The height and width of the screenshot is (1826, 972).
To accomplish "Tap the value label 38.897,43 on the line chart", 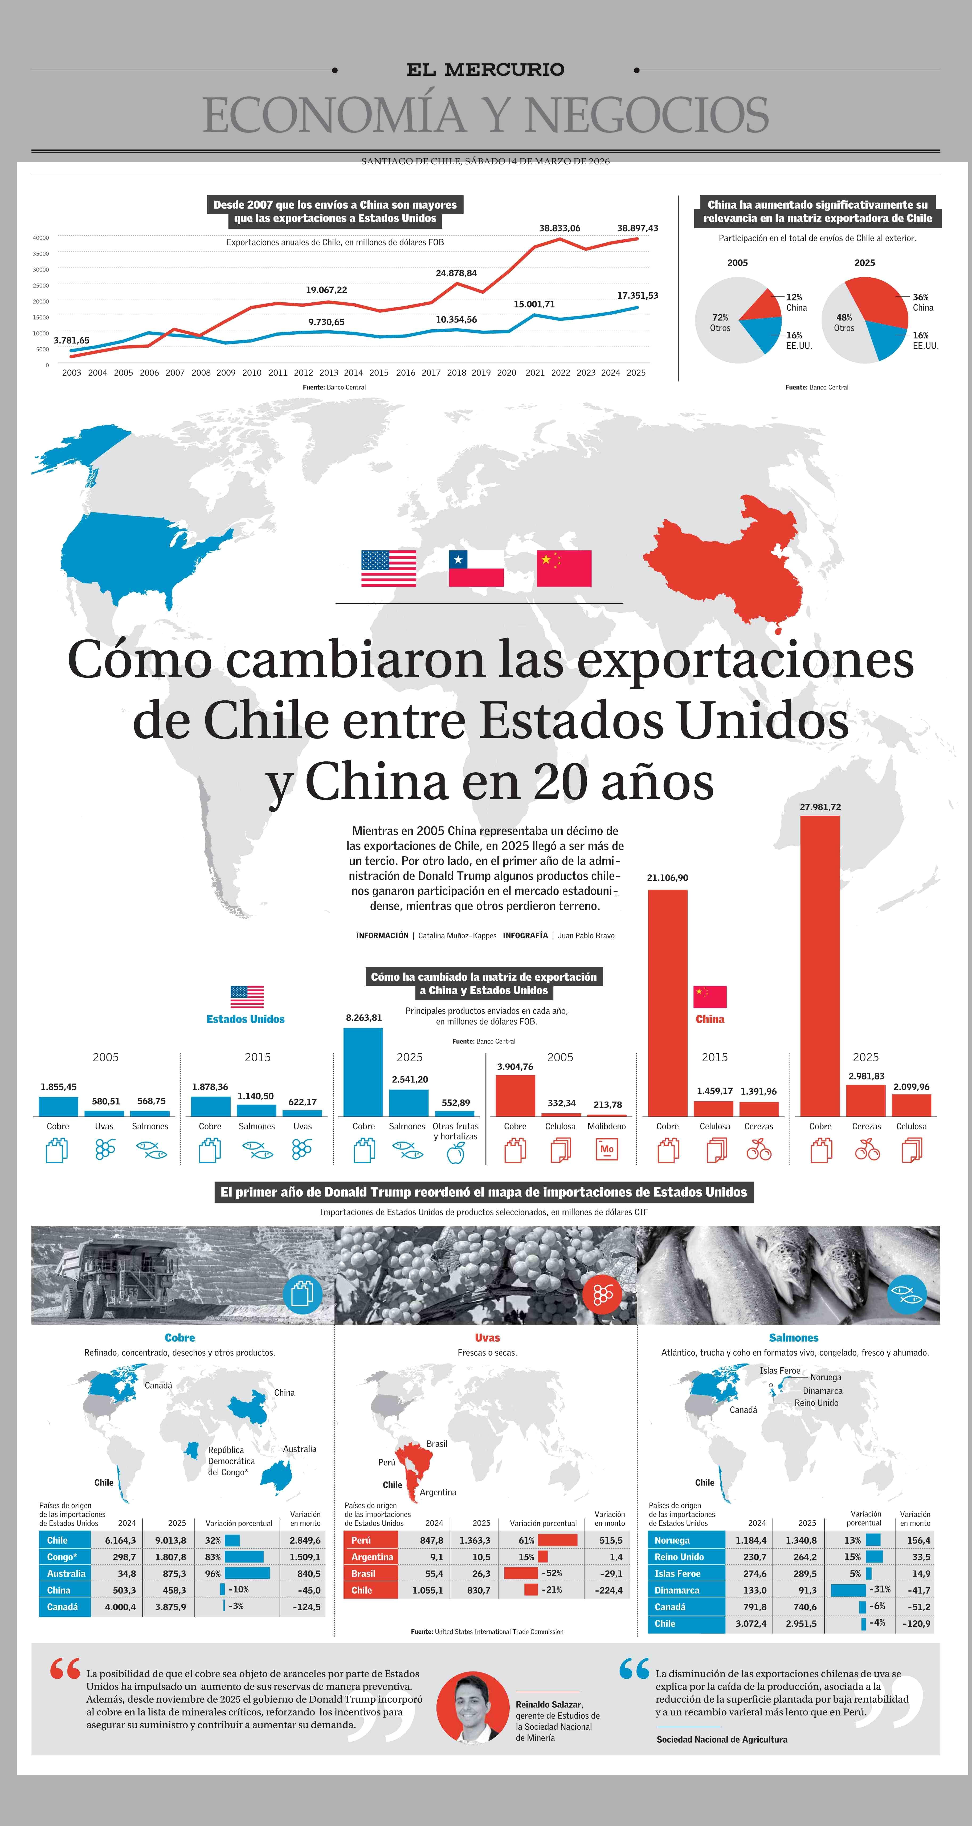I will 637,228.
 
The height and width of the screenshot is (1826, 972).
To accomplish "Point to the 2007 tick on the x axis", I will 175,373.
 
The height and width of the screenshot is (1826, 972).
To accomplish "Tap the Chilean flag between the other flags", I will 476,569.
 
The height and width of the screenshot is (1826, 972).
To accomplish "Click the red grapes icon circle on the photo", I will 602,1294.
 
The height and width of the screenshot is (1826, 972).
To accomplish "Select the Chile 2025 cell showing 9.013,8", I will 171,1540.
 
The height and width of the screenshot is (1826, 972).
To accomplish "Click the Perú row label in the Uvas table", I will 362,1540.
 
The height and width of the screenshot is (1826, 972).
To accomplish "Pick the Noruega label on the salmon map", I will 825,1377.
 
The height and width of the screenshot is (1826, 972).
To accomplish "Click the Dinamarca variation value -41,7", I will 919,1590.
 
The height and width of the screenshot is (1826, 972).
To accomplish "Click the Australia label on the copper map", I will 300,1449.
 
